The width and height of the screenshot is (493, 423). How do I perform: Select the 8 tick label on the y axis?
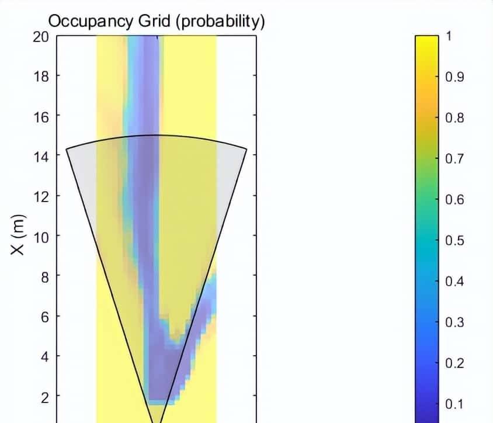[x=44, y=276]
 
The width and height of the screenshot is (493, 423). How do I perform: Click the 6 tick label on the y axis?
[x=44, y=317]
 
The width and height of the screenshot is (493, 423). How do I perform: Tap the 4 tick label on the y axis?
[x=44, y=356]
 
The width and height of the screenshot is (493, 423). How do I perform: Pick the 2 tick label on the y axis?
[x=44, y=397]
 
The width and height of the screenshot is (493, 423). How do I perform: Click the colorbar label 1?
[x=449, y=36]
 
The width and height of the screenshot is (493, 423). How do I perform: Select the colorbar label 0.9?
[x=454, y=77]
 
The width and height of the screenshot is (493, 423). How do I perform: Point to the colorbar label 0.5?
[x=454, y=241]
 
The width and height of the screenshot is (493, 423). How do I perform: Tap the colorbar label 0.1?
[x=454, y=404]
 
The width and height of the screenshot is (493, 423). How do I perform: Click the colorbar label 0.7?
[x=454, y=159]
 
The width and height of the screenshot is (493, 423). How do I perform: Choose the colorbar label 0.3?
[x=454, y=323]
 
